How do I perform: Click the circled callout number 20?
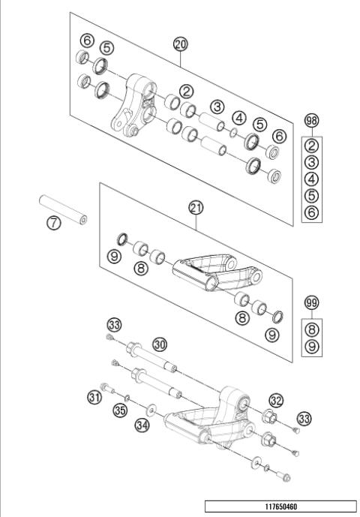pyautogui.click(x=180, y=44)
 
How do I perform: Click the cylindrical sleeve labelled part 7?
pyautogui.click(x=63, y=209)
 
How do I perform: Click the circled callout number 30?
pyautogui.click(x=160, y=343)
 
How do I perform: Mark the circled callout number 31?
pyautogui.click(x=94, y=397)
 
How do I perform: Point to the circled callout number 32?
pyautogui.click(x=276, y=401)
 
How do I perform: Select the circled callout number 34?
pyautogui.click(x=142, y=425)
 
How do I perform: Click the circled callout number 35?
pyautogui.click(x=118, y=409)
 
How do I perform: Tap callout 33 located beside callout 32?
pyautogui.click(x=304, y=417)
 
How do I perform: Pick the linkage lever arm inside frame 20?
pyautogui.click(x=136, y=105)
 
